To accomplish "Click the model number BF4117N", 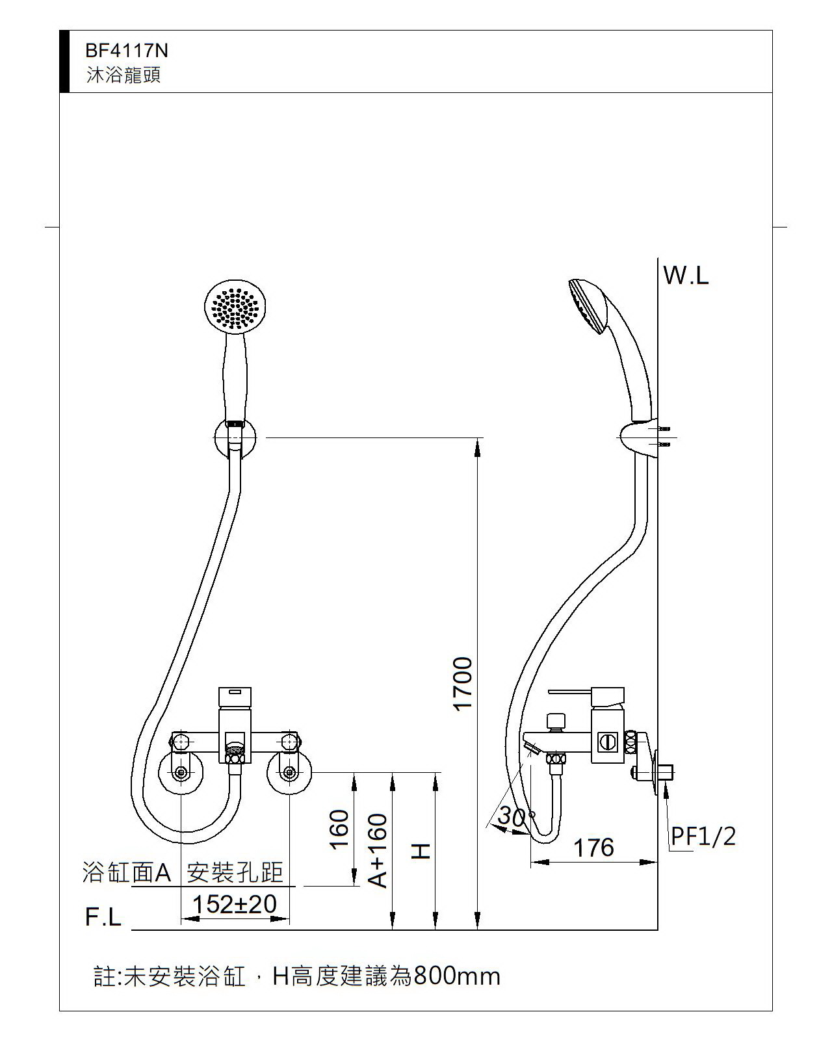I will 127,51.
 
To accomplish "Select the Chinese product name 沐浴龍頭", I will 123,75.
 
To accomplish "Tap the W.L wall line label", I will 686,276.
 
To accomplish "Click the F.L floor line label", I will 103,917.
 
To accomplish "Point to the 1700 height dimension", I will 463,684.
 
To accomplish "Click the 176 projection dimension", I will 593,848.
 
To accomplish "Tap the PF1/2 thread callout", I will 703,837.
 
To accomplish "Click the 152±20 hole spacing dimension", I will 235,904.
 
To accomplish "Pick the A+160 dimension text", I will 378,851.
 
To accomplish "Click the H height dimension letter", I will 422,851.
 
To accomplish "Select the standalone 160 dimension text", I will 339,829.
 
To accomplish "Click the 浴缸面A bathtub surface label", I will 126,872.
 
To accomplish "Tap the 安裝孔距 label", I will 235,872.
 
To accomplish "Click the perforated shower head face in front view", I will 235,307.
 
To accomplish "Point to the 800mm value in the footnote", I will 456,976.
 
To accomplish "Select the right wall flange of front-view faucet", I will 289,773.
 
